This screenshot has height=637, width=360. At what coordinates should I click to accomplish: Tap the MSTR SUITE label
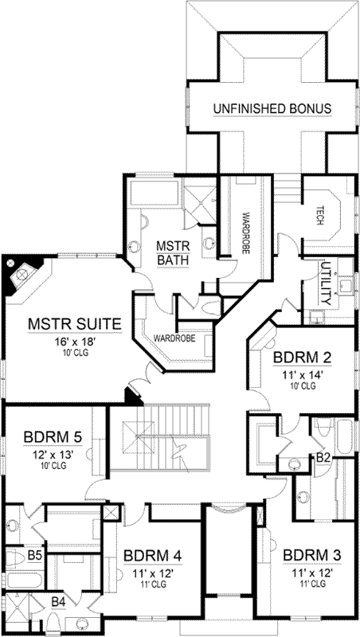click(74, 324)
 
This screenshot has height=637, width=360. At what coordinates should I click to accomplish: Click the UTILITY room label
click(325, 283)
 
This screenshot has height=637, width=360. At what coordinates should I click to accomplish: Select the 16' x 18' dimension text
click(74, 341)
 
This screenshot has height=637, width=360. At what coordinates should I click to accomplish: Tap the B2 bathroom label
click(323, 457)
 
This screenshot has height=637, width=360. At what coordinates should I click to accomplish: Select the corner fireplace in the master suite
click(22, 276)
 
